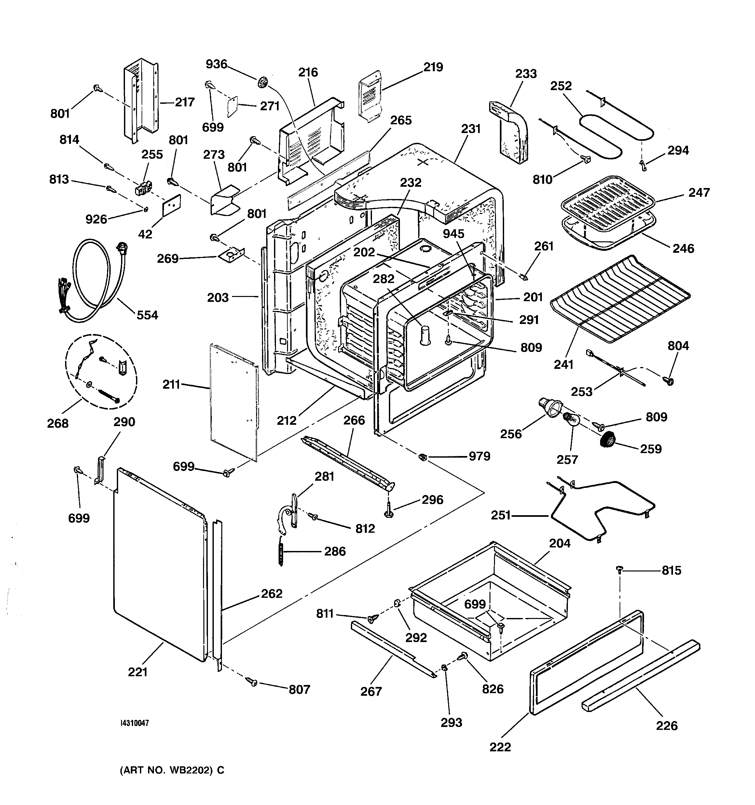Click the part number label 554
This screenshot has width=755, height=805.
click(147, 315)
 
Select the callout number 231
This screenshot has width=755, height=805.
click(471, 129)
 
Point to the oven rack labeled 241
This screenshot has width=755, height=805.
click(620, 299)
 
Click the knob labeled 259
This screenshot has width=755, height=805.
click(608, 439)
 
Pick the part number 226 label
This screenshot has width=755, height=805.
click(667, 725)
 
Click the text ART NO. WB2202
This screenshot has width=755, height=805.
click(172, 770)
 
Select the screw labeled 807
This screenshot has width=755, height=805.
click(253, 682)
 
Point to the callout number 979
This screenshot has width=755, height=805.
click(479, 456)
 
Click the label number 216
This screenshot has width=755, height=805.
click(308, 73)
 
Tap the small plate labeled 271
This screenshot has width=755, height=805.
click(233, 106)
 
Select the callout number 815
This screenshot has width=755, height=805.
click(671, 570)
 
